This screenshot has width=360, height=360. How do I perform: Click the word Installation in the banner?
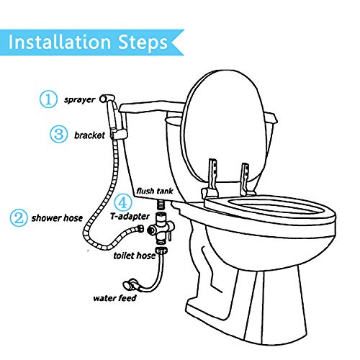point(60,42)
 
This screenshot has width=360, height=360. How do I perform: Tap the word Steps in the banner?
point(143,43)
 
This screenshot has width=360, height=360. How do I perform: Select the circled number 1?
point(48,99)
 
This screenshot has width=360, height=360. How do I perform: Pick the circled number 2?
point(19,217)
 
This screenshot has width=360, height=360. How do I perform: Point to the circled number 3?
point(58,134)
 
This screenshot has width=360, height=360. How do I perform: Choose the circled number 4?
point(123,203)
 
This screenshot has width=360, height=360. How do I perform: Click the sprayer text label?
point(80,99)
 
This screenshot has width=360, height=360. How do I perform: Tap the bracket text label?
point(89,135)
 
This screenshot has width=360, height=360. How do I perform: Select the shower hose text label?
point(57,218)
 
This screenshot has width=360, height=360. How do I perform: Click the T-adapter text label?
point(130,216)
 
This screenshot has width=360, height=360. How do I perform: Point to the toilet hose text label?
point(135,256)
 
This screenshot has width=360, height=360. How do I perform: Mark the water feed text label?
point(114,298)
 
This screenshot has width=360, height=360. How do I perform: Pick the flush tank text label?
point(155,191)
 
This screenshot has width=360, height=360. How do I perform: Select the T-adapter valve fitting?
point(161,229)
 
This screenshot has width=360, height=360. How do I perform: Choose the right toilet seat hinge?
point(246,179)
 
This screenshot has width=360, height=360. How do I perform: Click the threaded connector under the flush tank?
point(161,205)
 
